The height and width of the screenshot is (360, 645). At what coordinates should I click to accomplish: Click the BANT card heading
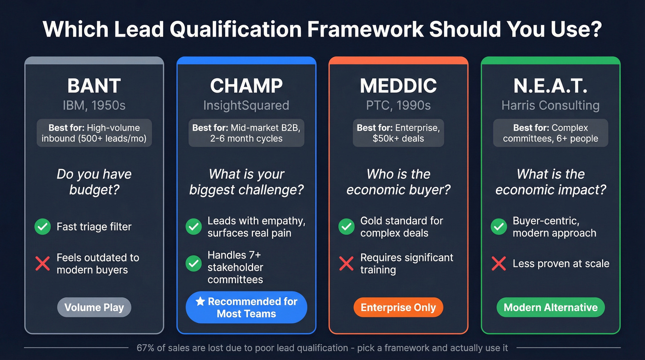[94, 86]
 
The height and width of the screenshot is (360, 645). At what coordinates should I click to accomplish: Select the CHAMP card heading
[246, 86]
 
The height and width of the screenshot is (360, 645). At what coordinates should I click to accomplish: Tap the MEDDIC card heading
[398, 86]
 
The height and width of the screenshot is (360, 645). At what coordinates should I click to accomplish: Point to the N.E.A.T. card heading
[551, 86]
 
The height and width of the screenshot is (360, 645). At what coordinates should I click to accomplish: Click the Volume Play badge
[94, 307]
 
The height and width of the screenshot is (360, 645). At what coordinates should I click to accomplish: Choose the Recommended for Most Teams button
[246, 307]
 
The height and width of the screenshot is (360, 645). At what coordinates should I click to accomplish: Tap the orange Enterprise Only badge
[398, 307]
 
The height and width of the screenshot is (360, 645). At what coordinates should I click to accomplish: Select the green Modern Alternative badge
[551, 307]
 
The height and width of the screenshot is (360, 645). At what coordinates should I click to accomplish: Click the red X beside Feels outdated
[42, 264]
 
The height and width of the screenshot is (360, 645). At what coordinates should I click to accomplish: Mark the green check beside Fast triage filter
[42, 227]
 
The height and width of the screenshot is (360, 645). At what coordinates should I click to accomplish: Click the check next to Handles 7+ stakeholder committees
[193, 264]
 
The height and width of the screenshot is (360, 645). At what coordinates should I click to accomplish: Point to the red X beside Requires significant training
[346, 264]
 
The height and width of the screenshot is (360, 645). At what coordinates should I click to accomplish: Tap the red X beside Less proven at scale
[498, 264]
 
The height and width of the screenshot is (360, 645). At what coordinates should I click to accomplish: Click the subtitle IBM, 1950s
[94, 106]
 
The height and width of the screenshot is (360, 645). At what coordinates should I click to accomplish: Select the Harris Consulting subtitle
[551, 106]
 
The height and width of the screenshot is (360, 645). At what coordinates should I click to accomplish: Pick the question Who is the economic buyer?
[398, 182]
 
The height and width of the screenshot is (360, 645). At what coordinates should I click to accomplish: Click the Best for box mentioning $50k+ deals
[398, 134]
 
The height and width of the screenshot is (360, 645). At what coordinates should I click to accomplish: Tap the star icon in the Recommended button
[200, 301]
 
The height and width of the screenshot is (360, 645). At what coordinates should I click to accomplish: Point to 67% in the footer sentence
[146, 348]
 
